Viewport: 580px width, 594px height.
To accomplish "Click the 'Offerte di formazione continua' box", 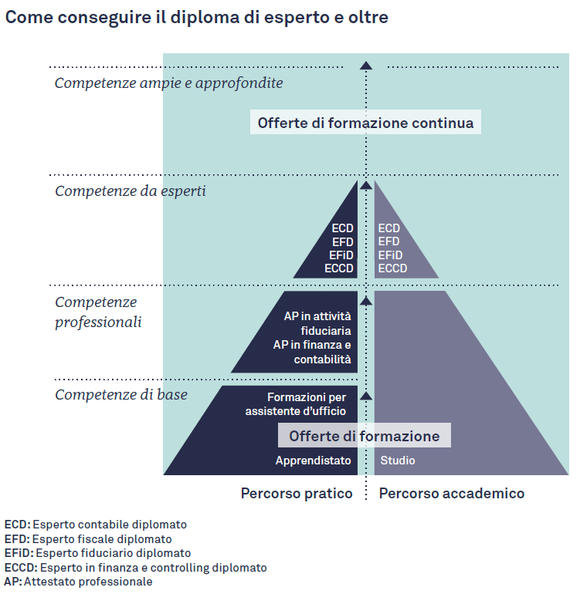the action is pyautogui.click(x=365, y=122).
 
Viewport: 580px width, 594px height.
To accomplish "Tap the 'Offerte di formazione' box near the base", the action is pyautogui.click(x=365, y=435).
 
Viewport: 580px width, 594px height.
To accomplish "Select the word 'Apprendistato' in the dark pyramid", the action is pyautogui.click(x=313, y=461).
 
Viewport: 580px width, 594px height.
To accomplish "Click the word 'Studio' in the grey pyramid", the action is pyautogui.click(x=398, y=461).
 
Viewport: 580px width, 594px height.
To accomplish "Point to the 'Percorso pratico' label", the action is pyautogui.click(x=297, y=493).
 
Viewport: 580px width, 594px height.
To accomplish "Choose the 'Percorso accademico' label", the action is pyautogui.click(x=451, y=493).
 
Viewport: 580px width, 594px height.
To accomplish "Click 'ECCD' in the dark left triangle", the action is pyautogui.click(x=339, y=268).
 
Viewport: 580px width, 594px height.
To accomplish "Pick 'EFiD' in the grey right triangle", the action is pyautogui.click(x=390, y=255).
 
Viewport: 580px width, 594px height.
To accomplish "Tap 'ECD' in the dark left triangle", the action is pyautogui.click(x=343, y=228).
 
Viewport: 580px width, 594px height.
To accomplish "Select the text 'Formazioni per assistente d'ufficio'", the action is pyautogui.click(x=296, y=403).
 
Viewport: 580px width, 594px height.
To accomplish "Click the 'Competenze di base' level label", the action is pyautogui.click(x=121, y=394).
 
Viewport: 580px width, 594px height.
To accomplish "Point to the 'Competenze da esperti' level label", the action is pyautogui.click(x=130, y=191).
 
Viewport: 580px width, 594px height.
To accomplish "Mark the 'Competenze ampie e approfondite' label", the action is pyautogui.click(x=169, y=83).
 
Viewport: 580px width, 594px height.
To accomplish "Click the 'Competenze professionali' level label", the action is pyautogui.click(x=98, y=312).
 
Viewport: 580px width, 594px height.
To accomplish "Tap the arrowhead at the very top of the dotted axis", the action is pyautogui.click(x=365, y=66).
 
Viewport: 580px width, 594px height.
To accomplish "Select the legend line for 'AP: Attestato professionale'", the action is pyautogui.click(x=78, y=582).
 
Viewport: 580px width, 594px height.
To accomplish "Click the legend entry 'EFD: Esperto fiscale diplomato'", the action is pyautogui.click(x=88, y=538).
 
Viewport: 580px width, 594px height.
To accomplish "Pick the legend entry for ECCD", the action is pyautogui.click(x=135, y=568).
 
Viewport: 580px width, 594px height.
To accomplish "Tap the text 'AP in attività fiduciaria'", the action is pyautogui.click(x=317, y=323).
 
